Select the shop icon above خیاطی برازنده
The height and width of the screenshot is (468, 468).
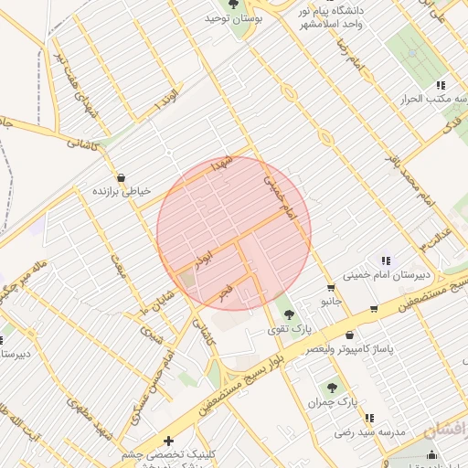(121, 177)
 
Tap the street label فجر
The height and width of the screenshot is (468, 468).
(225, 292)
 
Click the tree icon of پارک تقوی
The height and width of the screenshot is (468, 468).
(291, 314)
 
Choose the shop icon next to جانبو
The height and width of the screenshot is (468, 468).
(375, 308)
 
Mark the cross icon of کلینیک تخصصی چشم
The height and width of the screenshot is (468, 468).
(168, 441)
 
